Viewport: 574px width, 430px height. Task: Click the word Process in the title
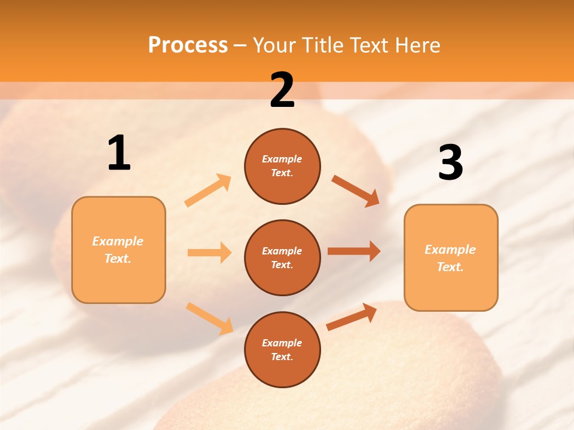click(188, 45)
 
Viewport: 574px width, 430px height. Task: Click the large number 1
click(119, 153)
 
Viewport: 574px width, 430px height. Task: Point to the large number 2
click(282, 90)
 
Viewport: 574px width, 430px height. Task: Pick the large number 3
click(450, 163)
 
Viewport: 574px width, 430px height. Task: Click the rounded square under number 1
click(118, 250)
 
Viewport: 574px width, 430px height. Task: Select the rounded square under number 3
click(451, 257)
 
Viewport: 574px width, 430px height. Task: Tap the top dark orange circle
click(282, 166)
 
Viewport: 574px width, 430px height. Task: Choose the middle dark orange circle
click(282, 257)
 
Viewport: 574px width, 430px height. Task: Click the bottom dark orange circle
click(282, 349)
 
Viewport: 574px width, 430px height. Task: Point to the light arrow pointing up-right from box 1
click(208, 191)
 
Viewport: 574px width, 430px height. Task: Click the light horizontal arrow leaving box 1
click(209, 253)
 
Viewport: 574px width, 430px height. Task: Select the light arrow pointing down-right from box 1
click(209, 318)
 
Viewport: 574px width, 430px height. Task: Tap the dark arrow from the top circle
click(356, 191)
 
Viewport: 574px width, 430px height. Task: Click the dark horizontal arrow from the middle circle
click(354, 251)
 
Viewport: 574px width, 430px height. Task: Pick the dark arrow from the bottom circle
click(352, 317)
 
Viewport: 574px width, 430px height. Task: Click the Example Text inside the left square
click(118, 250)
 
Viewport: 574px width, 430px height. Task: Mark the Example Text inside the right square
click(450, 258)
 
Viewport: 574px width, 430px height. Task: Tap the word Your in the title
click(275, 45)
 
